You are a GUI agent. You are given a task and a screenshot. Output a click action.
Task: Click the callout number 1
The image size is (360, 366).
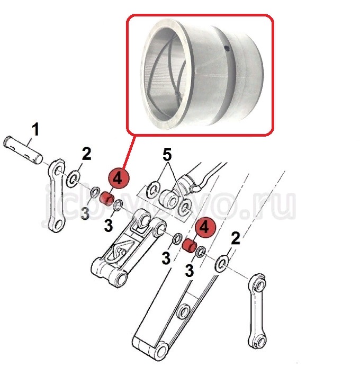35,130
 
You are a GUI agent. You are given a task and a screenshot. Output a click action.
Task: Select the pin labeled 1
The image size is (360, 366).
23,149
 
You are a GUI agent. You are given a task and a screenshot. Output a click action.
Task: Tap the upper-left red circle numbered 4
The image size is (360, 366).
118,179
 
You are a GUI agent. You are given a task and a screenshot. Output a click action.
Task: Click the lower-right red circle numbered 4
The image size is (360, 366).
205,227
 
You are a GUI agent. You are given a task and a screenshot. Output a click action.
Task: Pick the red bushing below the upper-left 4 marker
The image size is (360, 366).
106,199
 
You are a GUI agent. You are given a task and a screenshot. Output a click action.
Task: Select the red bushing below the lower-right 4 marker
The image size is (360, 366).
190,246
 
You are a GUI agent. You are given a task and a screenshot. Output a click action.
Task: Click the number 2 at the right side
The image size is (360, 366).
236,238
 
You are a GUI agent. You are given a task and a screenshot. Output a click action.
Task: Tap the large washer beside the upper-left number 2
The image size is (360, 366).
73,179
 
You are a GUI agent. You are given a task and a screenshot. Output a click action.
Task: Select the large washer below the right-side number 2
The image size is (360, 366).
221,264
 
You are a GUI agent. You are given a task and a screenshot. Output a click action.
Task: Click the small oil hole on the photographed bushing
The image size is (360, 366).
227,49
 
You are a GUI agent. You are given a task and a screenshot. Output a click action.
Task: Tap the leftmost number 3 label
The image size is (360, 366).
85,213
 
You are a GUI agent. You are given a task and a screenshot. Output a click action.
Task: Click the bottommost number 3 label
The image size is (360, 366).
189,271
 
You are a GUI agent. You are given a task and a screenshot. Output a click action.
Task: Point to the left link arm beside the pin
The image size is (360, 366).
56,195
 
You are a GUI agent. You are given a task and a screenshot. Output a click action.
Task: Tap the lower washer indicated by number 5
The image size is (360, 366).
185,207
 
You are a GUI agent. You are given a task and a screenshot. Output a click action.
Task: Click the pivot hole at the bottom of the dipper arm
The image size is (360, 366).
161,352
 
